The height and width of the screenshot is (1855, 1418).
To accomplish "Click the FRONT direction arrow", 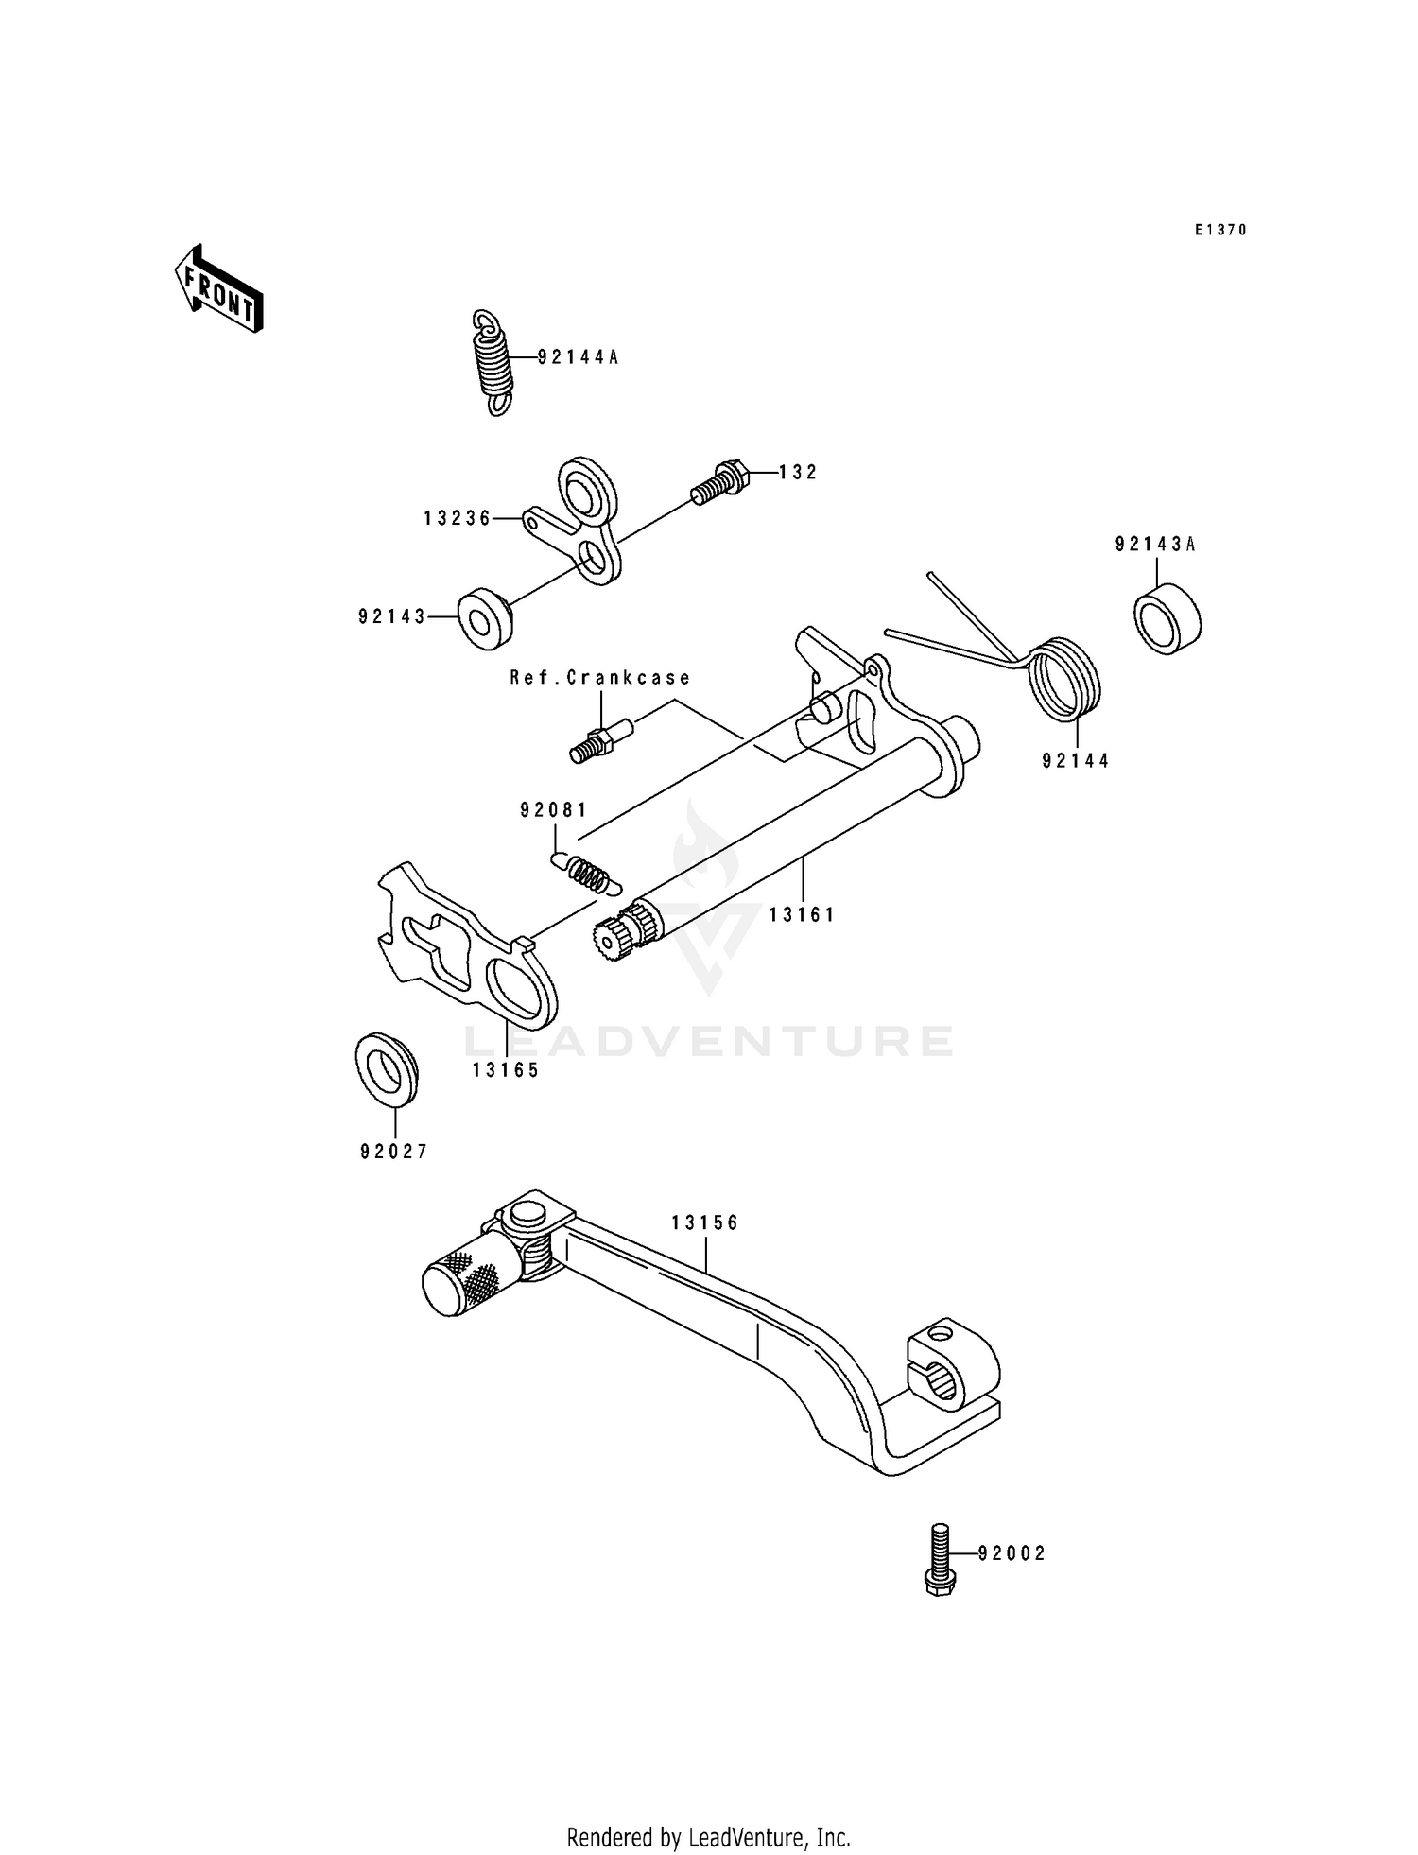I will coord(218,288).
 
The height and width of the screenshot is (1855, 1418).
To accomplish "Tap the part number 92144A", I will coord(578,357).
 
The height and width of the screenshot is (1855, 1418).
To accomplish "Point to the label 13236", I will coord(458,518).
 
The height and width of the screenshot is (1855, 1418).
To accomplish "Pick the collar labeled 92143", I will coord(485,619).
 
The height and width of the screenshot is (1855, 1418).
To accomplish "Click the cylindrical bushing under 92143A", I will coord(1167,618).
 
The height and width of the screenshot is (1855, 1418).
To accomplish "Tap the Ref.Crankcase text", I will coord(600,678).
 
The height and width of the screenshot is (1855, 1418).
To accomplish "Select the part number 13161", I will coord(802,914).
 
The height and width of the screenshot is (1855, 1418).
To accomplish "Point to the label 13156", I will coord(705,1222).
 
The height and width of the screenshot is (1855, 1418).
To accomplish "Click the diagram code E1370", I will coord(1220,230).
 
